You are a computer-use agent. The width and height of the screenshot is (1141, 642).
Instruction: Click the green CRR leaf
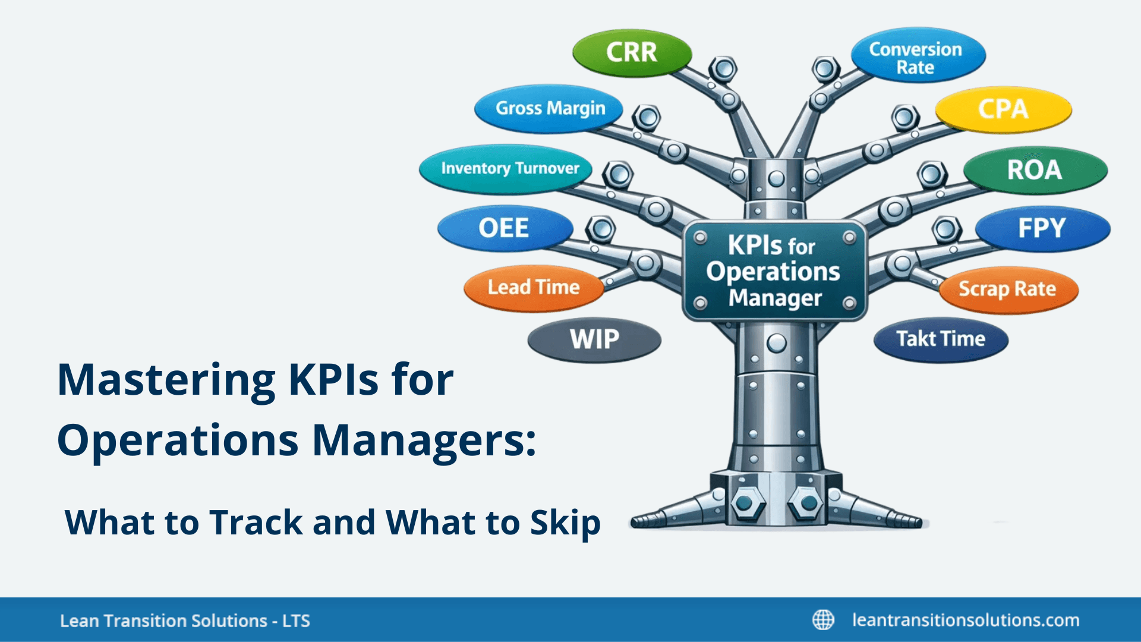[x=632, y=53]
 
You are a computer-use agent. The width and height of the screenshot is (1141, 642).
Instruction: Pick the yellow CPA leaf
[x=1003, y=109]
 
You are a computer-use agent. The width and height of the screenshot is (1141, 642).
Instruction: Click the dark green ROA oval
[x=1035, y=170]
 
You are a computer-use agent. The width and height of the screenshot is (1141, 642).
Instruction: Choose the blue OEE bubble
[x=504, y=228]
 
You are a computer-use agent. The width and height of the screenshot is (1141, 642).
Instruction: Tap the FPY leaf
[x=1042, y=228]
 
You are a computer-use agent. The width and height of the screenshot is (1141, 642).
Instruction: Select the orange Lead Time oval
[x=533, y=288]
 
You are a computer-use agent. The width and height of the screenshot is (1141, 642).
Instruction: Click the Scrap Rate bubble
[x=1007, y=289]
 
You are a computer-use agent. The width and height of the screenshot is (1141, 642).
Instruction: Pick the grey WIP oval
[x=594, y=339]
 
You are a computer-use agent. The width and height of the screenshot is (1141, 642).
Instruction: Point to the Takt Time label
[x=941, y=339]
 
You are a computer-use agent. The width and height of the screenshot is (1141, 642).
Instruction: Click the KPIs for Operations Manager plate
[x=774, y=272]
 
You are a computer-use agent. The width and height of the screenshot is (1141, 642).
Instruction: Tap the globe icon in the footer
[x=823, y=619]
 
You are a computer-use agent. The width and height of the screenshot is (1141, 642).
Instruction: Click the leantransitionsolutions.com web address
[x=966, y=620]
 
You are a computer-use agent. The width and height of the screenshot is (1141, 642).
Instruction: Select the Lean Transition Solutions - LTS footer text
[x=185, y=621]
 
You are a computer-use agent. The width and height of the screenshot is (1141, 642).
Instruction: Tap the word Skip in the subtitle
[x=565, y=523]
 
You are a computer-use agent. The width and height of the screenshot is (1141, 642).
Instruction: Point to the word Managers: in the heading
[x=424, y=440]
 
